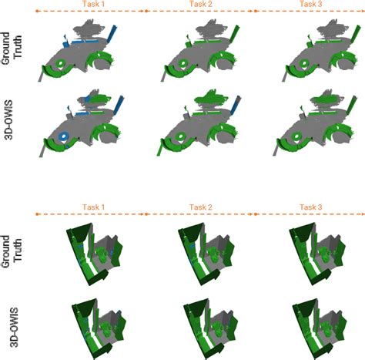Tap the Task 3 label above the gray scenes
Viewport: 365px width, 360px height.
pyautogui.click(x=310, y=5)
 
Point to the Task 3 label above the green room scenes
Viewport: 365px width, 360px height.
pyautogui.click(x=310, y=207)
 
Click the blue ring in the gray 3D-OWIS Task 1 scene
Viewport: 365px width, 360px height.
pyautogui.click(x=63, y=138)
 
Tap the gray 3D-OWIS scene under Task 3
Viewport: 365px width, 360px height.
pyautogui.click(x=308, y=123)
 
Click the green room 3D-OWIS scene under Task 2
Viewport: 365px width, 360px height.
pyautogui.click(x=208, y=322)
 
